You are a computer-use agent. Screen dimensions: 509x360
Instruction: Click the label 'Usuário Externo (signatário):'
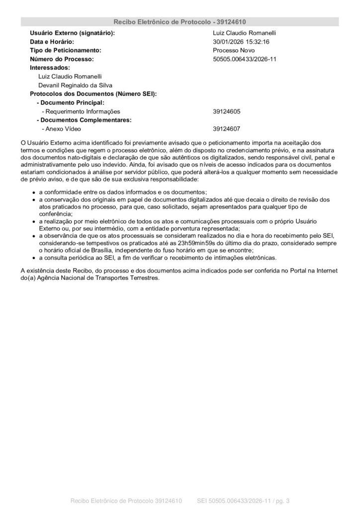click(x=73, y=33)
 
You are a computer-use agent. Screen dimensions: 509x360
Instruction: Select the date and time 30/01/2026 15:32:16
click(x=241, y=42)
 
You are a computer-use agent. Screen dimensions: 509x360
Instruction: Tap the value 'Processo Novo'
click(x=234, y=51)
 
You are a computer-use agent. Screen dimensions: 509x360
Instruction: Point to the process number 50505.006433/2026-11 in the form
click(x=245, y=59)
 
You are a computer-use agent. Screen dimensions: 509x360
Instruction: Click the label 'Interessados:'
click(x=50, y=68)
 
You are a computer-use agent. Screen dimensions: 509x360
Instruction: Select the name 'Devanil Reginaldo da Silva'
click(x=75, y=85)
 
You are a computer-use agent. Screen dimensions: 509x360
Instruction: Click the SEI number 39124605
click(x=227, y=111)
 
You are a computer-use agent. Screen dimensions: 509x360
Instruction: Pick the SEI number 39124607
click(x=227, y=129)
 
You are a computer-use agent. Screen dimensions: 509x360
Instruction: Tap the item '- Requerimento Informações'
click(x=81, y=111)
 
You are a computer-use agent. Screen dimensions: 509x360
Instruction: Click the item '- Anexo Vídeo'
click(x=61, y=129)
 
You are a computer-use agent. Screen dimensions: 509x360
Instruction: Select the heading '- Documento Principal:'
click(x=71, y=102)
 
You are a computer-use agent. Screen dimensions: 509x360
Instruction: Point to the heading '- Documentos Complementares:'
click(x=84, y=120)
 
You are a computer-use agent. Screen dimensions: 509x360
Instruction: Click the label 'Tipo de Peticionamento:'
click(x=66, y=51)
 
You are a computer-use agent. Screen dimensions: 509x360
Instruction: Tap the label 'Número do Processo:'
click(x=62, y=59)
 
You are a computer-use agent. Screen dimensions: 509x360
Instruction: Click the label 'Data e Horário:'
click(x=52, y=42)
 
